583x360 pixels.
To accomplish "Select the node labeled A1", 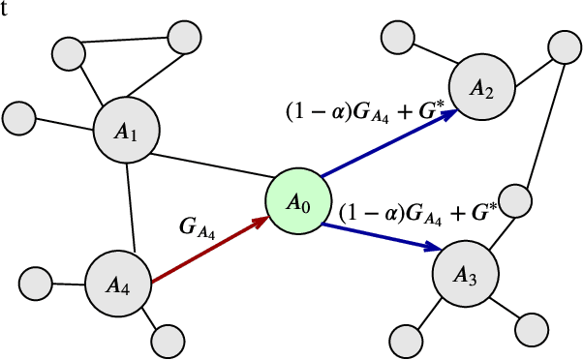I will coord(126,132).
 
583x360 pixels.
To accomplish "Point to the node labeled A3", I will coord(464,275).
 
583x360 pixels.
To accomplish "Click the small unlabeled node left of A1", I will coord(18,117).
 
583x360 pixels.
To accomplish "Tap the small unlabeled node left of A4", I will coord(36,285).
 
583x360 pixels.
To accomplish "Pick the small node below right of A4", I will coord(168,339).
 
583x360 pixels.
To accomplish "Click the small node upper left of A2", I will coord(398,38).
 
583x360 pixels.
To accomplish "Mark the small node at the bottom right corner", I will coord(533,326).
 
